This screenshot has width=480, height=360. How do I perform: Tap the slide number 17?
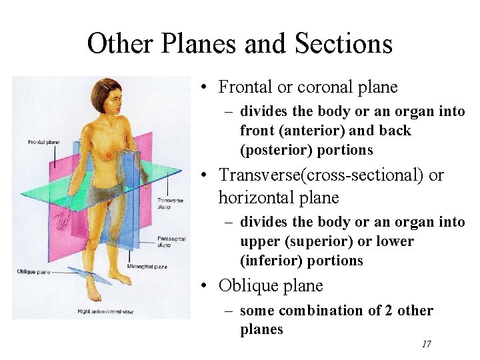427,344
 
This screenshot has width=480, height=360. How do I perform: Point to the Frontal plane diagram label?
44,142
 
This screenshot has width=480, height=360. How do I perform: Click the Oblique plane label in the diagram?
33,271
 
